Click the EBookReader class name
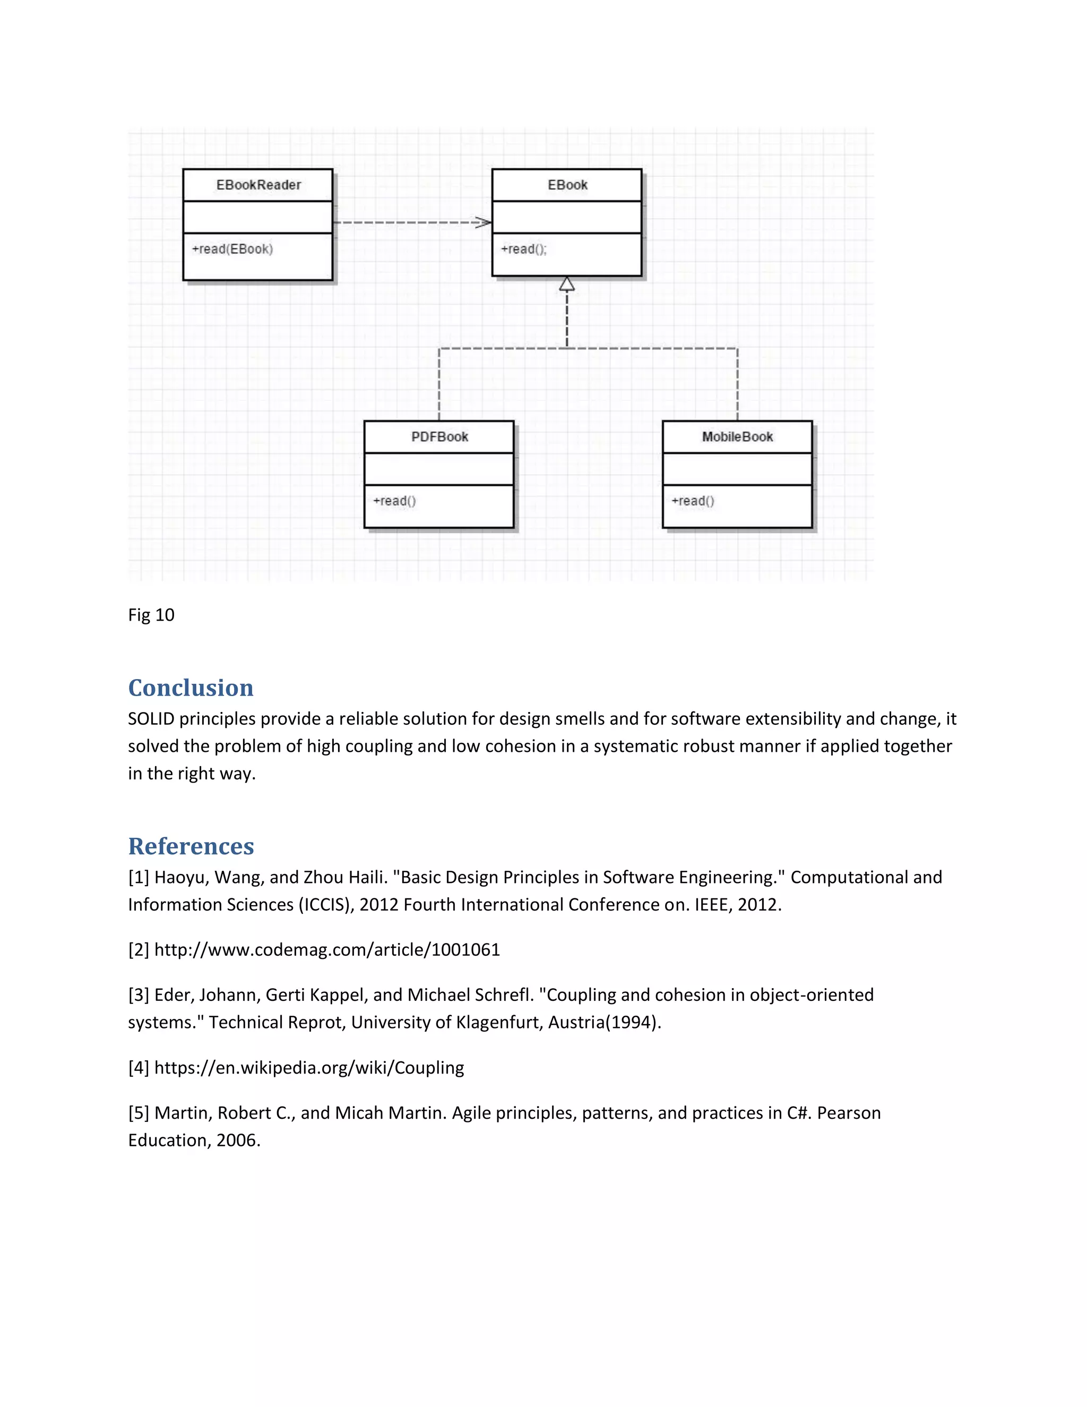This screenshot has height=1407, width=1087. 258,185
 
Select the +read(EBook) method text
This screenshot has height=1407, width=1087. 232,250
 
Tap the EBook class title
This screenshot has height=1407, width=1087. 567,185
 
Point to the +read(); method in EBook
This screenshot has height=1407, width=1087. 523,250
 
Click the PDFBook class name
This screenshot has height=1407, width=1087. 439,437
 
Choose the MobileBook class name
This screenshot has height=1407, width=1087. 737,437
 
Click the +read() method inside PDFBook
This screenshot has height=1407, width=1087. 394,501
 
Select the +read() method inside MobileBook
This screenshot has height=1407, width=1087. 693,501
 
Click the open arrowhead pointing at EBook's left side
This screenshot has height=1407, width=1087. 484,223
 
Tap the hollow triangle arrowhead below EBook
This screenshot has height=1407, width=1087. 567,284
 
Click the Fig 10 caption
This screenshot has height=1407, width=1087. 151,615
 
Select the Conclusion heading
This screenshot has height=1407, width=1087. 191,688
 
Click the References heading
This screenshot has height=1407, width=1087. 191,846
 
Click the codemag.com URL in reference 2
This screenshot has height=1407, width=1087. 327,950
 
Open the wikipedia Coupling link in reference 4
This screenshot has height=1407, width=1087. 309,1068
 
